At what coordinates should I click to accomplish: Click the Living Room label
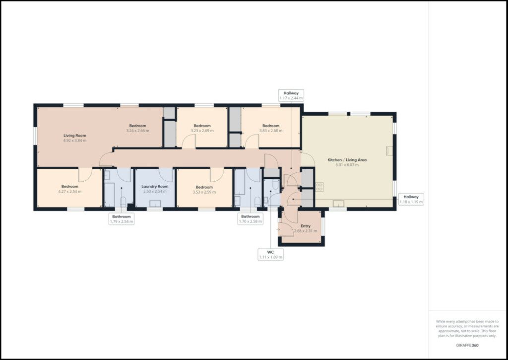75,136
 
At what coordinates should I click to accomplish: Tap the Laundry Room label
155,187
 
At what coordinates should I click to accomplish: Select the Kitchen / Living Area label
347,160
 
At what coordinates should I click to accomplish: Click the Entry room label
306,226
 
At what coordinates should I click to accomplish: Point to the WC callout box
270,255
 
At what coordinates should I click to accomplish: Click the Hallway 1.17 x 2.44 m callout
291,95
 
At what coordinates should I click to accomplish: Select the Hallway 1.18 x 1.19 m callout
411,199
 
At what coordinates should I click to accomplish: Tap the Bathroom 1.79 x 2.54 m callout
122,219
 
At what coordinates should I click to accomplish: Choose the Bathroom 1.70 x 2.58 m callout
250,219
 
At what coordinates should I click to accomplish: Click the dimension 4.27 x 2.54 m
69,192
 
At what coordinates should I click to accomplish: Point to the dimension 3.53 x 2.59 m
204,192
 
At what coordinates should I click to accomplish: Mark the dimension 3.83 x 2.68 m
271,131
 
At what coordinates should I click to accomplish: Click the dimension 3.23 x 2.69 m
202,131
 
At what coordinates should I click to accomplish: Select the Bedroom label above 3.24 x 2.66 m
138,126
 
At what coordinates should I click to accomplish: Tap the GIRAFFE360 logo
467,346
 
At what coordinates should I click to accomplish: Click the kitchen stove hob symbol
319,187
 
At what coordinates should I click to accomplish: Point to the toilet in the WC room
275,185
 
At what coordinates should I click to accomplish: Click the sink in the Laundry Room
155,204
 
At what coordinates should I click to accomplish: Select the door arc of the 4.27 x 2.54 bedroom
86,175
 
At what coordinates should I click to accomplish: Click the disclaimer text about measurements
467,329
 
